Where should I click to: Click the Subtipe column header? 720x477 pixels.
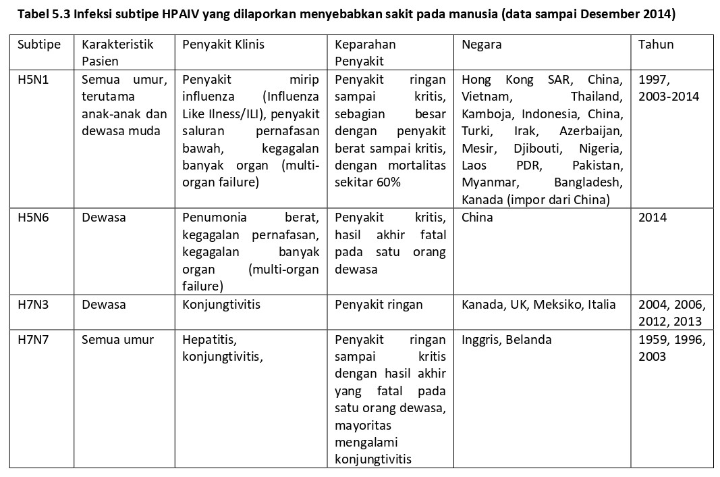tap(38, 45)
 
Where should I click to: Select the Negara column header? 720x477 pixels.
tap(481, 45)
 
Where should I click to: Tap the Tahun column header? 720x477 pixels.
tap(655, 45)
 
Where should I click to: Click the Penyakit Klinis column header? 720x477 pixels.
tap(223, 45)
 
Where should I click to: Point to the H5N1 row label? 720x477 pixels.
tap(34, 80)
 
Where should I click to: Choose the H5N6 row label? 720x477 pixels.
tap(34, 218)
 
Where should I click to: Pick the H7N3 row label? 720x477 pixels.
tap(34, 305)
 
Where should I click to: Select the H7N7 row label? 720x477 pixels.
tap(34, 339)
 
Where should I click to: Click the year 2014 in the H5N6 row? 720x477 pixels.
tap(652, 218)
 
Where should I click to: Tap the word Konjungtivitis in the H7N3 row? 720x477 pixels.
tap(221, 305)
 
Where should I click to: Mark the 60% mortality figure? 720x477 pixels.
tap(389, 182)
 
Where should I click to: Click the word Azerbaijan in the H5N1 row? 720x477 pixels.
tap(591, 130)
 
